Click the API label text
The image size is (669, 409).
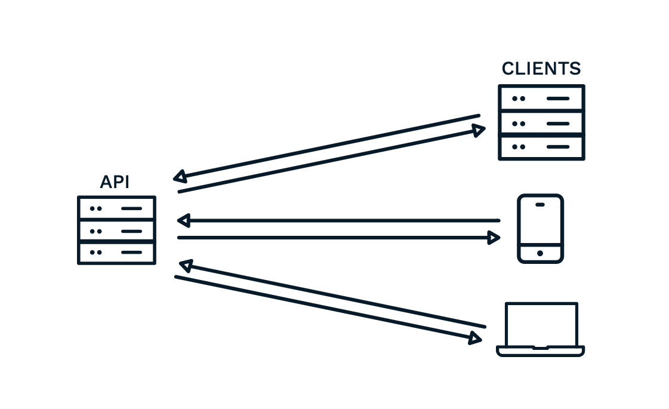click(115, 182)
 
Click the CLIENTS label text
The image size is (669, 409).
click(541, 69)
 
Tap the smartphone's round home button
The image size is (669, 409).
click(540, 253)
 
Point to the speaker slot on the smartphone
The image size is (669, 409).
click(540, 204)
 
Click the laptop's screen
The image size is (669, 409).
click(541, 323)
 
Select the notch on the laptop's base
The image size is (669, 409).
click(540, 348)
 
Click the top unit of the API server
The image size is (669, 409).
click(116, 208)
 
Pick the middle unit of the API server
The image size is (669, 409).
click(116, 230)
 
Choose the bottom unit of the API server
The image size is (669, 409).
click(116, 253)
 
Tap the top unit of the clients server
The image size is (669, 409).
click(541, 98)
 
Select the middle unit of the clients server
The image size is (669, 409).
click(541, 123)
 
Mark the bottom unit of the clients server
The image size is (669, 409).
click(541, 147)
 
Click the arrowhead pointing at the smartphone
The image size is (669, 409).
click(494, 238)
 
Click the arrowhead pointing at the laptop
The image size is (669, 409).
click(475, 339)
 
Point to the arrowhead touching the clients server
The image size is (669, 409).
click(479, 130)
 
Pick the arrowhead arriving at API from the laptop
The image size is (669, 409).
click(186, 265)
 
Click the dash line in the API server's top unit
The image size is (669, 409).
click(131, 208)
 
